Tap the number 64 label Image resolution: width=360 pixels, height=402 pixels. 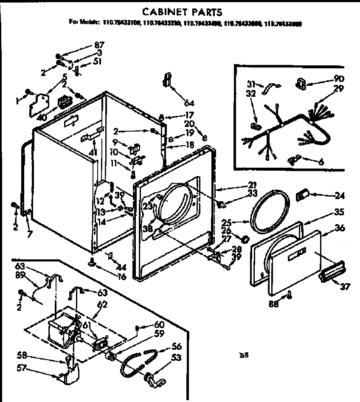click(x=189, y=103)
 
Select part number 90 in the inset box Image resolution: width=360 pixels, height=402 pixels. click(x=339, y=79)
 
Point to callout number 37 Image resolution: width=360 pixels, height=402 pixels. click(x=345, y=287)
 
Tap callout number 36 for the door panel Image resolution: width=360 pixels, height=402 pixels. click(x=340, y=228)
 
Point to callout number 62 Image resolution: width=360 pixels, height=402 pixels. click(x=102, y=304)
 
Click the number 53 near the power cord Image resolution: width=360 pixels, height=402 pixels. click(x=176, y=358)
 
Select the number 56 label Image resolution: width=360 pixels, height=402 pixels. click(x=177, y=346)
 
